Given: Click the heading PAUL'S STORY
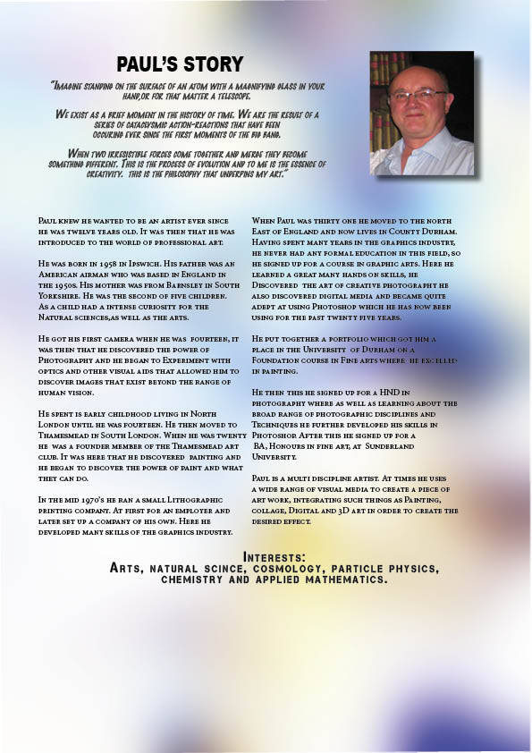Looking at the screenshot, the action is (180, 63).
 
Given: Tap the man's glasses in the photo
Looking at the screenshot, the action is (417, 94).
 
